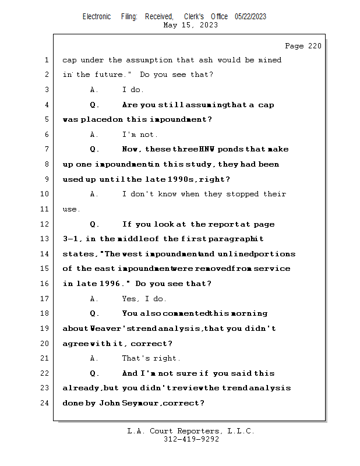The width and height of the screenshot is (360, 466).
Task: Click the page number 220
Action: pyautogui.click(x=314, y=46)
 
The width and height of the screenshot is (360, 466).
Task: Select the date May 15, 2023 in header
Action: pyautogui.click(x=190, y=25)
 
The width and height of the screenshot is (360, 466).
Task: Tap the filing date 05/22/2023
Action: pyautogui.click(x=250, y=16)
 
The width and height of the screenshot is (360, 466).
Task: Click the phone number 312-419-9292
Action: pyautogui.click(x=191, y=439)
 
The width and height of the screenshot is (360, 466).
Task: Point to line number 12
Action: pyautogui.click(x=46, y=224)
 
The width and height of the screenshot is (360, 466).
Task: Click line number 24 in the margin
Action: pyautogui.click(x=46, y=403)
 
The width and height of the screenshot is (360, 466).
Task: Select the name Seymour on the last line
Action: pyautogui.click(x=159, y=403)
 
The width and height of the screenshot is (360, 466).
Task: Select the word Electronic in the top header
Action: pyautogui.click(x=97, y=16)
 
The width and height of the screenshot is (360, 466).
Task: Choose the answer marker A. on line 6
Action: pyautogui.click(x=94, y=135)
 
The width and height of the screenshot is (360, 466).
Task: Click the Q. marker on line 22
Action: pyautogui.click(x=94, y=373)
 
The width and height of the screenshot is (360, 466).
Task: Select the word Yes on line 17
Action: pyautogui.click(x=129, y=299)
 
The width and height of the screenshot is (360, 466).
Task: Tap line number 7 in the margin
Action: pyautogui.click(x=46, y=150)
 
